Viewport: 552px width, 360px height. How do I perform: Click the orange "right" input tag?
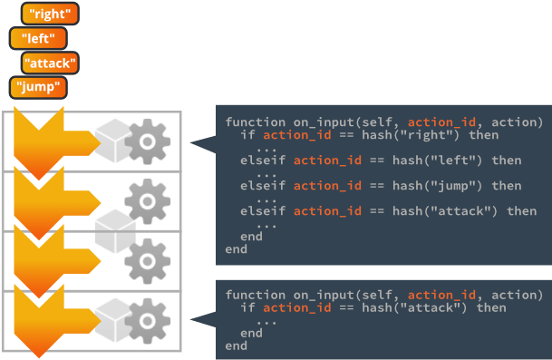click(50, 14)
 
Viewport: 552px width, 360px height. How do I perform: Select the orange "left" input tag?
click(38, 38)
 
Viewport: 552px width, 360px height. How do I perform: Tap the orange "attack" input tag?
click(50, 63)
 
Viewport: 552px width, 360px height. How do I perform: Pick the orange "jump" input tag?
click(38, 87)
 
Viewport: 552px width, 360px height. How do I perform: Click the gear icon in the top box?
click(148, 141)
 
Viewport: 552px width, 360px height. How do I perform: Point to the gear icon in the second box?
click(148, 201)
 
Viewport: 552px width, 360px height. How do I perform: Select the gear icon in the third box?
click(148, 261)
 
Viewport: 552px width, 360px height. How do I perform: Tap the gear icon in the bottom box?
click(148, 321)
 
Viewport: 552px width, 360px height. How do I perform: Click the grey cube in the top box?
click(113, 141)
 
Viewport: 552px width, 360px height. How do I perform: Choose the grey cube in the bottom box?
click(113, 320)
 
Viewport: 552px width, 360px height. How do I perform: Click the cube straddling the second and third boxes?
click(115, 231)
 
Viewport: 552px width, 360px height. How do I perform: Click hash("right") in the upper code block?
click(411, 135)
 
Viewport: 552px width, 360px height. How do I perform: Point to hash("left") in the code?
click(437, 161)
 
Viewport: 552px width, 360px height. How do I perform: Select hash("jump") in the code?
click(437, 186)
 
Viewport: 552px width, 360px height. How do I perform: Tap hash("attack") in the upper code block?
click(445, 211)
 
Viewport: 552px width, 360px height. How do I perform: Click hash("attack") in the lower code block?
click(414, 308)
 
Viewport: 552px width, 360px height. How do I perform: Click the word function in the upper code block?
click(256, 122)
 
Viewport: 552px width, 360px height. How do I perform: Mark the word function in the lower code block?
click(256, 295)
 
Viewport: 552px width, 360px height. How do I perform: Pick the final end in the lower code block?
click(237, 345)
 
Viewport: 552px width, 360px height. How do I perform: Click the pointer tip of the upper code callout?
click(190, 142)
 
